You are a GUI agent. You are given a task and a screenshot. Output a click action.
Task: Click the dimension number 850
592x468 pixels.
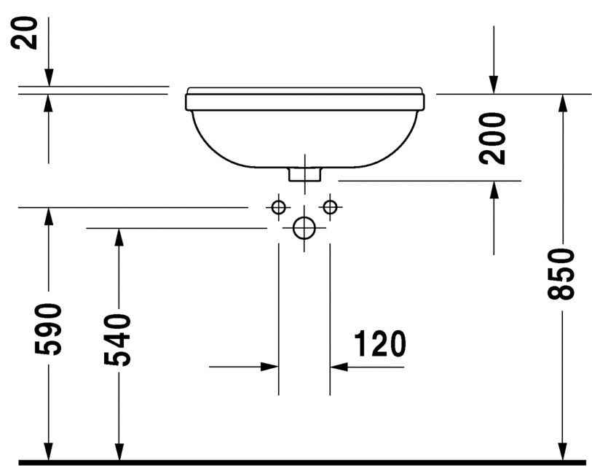pyautogui.click(x=563, y=274)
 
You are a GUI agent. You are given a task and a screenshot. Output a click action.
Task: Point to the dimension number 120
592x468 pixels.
pyautogui.click(x=379, y=344)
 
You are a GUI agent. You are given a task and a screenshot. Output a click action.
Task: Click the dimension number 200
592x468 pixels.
pyautogui.click(x=495, y=138)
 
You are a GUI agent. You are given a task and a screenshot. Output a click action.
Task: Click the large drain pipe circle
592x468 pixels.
pyautogui.click(x=304, y=228)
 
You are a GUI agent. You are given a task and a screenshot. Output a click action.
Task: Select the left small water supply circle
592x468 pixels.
pyautogui.click(x=278, y=208)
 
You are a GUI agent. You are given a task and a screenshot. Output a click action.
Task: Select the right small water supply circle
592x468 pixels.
pyautogui.click(x=330, y=208)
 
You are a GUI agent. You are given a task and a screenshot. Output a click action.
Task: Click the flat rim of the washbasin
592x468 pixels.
pyautogui.click(x=305, y=92)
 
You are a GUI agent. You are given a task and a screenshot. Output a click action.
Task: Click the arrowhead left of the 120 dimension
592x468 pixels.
pyautogui.click(x=270, y=367)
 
